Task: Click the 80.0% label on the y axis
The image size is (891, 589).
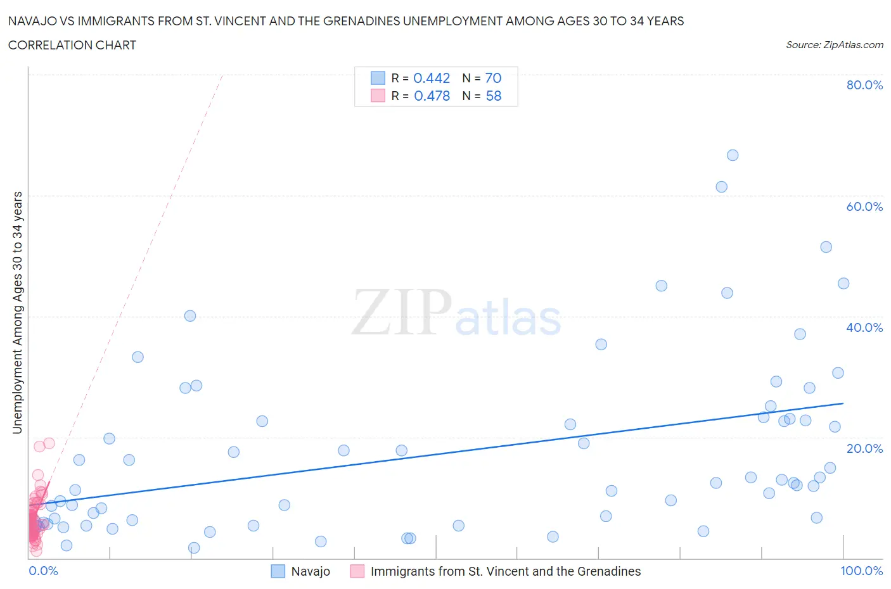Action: (x=864, y=85)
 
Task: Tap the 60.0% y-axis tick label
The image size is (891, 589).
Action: (x=864, y=206)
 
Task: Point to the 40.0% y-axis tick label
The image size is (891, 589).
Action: (x=864, y=327)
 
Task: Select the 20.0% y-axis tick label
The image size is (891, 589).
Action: (x=864, y=448)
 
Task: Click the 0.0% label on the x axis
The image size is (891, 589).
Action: (x=43, y=571)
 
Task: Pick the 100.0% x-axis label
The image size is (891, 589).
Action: (x=861, y=571)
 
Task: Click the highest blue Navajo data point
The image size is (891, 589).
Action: (x=733, y=155)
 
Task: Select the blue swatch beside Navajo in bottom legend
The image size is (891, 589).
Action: (x=278, y=571)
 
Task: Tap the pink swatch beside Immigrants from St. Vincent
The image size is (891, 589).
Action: (x=357, y=571)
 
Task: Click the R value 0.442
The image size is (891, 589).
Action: (x=432, y=78)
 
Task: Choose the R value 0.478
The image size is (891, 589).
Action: (x=432, y=96)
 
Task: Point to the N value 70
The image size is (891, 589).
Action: (x=493, y=78)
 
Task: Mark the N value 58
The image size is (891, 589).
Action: (x=493, y=96)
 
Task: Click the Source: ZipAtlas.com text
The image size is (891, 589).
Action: (x=834, y=45)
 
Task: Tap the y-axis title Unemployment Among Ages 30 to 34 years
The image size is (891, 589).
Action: (x=17, y=313)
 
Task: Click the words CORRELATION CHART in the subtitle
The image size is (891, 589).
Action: (x=72, y=45)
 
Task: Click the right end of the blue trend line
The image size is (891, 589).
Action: (x=843, y=403)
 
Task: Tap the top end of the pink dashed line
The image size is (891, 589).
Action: (x=222, y=75)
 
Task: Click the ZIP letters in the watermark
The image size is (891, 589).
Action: (x=402, y=312)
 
